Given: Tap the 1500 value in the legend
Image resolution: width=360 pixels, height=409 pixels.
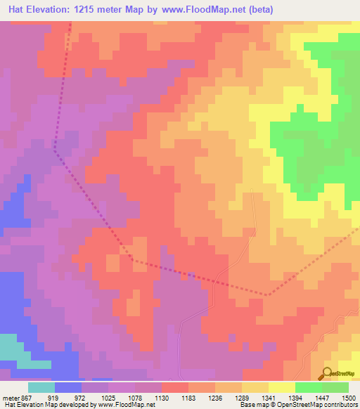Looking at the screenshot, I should (349, 397).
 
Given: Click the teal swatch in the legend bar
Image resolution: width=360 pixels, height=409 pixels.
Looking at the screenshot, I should (41, 387).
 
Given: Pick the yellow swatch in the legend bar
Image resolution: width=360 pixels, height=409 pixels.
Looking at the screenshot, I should (281, 387).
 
